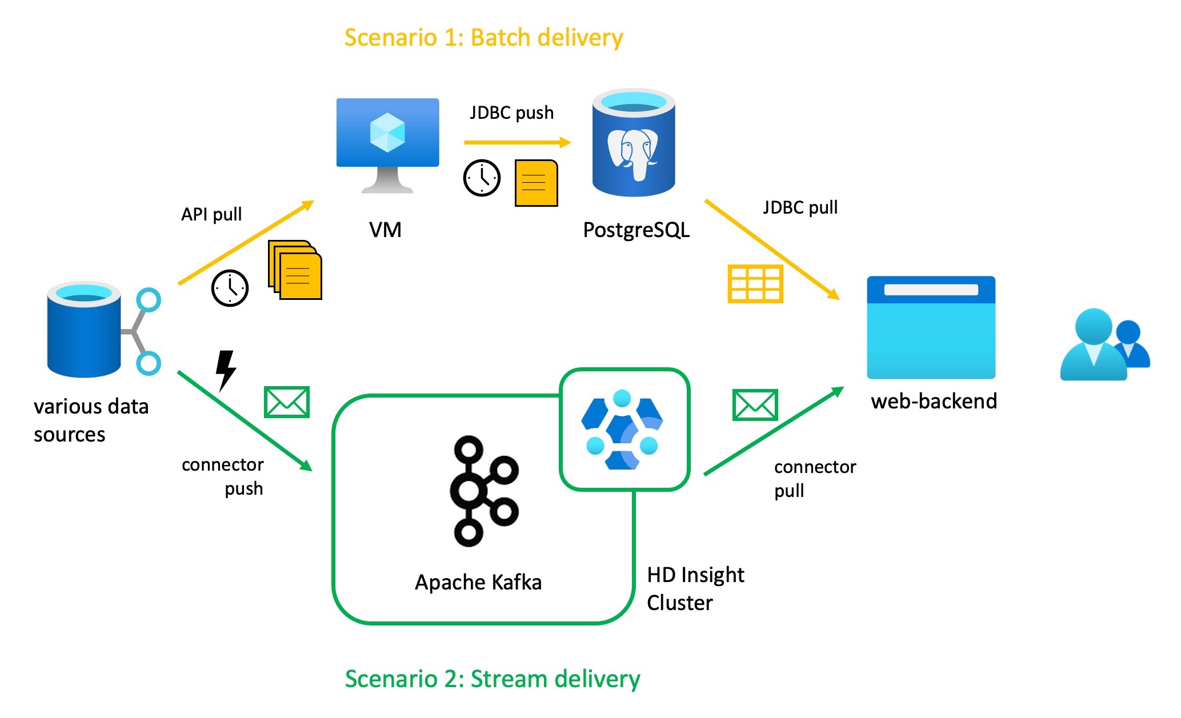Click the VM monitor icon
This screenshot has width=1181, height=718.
[x=387, y=144]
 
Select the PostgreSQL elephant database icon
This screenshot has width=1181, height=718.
[x=634, y=143]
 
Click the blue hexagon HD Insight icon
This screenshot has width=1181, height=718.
[x=623, y=430]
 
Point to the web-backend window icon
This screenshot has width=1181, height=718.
[x=931, y=327]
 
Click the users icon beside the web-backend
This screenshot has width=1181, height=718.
[x=1103, y=345]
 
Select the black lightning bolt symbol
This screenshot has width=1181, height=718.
[x=226, y=370]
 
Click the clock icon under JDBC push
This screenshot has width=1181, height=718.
[x=482, y=178]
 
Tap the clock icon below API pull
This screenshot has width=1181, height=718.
[x=230, y=288]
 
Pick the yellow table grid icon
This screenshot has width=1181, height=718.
[x=755, y=284]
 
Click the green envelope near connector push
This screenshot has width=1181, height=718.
[x=287, y=402]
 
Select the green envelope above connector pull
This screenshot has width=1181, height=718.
[x=755, y=405]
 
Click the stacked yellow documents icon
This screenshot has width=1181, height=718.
[x=295, y=270]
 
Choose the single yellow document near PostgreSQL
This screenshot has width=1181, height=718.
[x=536, y=183]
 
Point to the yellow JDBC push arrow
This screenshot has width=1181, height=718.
[x=517, y=142]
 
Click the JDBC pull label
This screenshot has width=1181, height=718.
[x=800, y=207]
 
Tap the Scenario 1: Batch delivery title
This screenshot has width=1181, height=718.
[x=483, y=38]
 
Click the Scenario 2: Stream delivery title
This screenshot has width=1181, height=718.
[x=492, y=679]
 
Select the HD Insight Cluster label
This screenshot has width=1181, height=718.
[x=695, y=588]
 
